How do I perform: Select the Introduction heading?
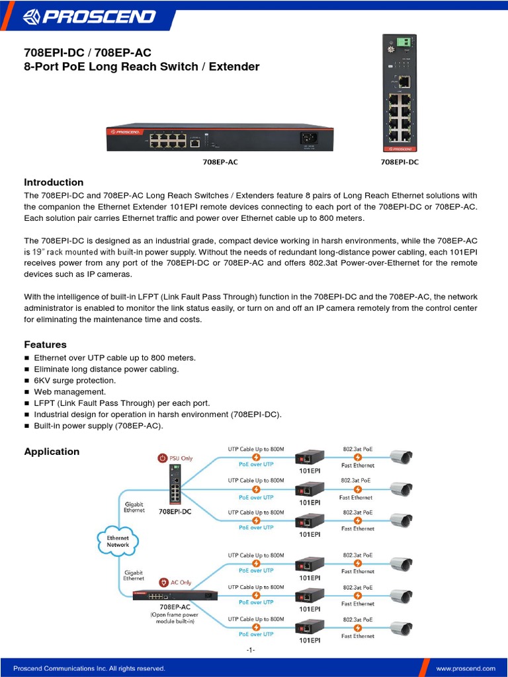(54, 182)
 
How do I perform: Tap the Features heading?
(45, 344)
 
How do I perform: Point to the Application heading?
(52, 452)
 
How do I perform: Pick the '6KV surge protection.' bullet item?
(75, 380)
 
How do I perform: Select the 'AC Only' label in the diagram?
(181, 582)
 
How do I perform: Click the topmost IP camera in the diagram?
(401, 457)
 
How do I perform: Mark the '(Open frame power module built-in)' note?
(175, 617)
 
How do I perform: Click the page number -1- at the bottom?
(251, 650)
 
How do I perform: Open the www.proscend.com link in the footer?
(466, 668)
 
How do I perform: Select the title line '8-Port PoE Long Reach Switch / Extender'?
(142, 67)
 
